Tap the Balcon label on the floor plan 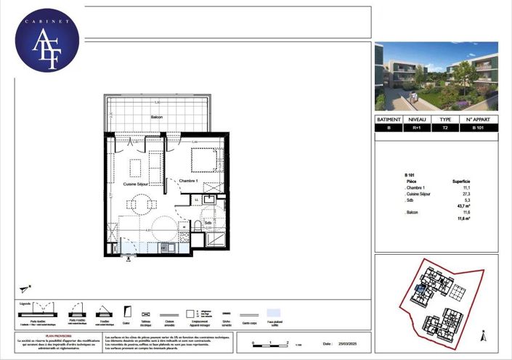pos(156,118)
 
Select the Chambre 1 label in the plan pos(190,180)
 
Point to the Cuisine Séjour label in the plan pos(136,185)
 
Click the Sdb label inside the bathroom pos(208,223)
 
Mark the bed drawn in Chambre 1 pos(204,159)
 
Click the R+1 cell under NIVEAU pos(416,128)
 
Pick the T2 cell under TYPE pos(446,128)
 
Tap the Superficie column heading pos(461,181)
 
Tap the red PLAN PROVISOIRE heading pos(58,336)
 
